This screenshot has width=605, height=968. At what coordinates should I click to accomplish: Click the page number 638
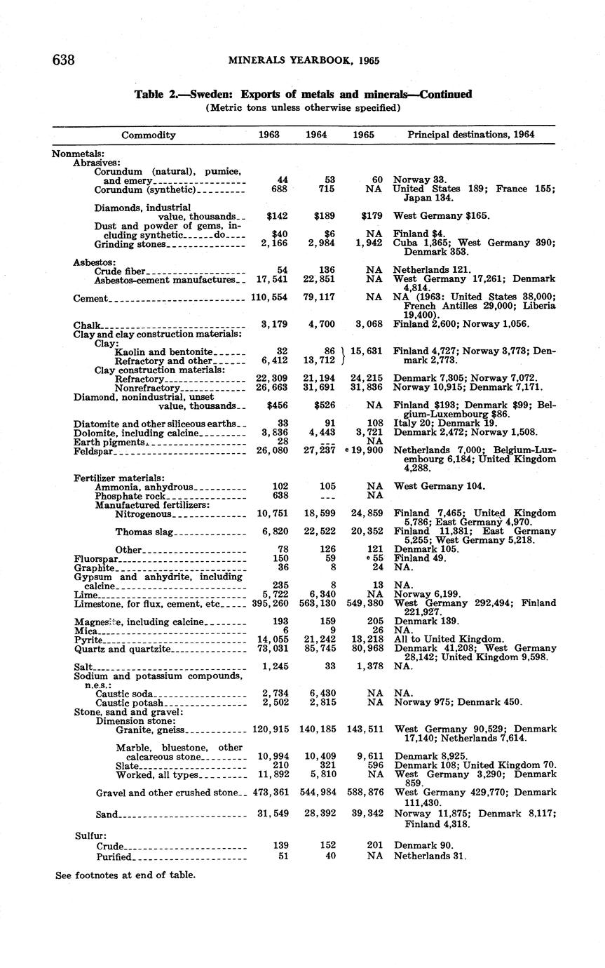(x=64, y=60)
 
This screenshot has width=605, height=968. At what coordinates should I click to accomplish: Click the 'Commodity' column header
(x=149, y=135)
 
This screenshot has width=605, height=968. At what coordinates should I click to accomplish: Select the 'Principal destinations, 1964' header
(x=471, y=135)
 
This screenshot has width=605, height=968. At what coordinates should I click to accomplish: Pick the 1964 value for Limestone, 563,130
(x=316, y=603)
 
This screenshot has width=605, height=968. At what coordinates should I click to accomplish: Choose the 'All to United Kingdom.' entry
(x=449, y=640)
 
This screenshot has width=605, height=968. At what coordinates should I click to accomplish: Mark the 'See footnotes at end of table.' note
(x=125, y=875)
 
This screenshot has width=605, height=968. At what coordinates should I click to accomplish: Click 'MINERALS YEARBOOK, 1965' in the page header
(x=304, y=60)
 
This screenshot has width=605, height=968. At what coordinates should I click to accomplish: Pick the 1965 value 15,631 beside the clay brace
(x=365, y=351)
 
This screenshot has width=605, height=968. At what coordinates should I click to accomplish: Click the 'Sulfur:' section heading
(x=90, y=836)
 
